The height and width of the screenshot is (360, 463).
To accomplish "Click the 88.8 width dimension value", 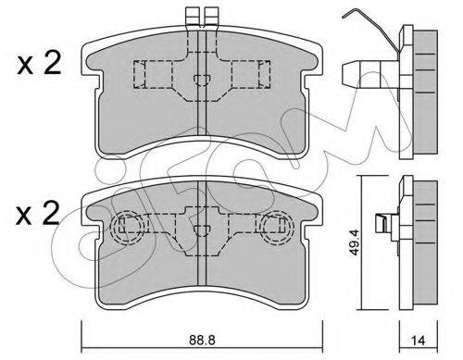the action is tap(202, 341).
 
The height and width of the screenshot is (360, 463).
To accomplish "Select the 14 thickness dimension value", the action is tap(419, 341).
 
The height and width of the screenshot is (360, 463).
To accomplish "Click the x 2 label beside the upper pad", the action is tap(39, 64).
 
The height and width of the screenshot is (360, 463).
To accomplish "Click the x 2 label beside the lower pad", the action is tap(38, 213).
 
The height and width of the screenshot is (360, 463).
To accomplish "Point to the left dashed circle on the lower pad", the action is tap(127, 228).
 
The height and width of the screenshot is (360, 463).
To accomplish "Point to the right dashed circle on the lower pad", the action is tap(277, 228).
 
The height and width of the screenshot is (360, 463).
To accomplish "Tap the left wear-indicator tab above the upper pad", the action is tap(192, 17).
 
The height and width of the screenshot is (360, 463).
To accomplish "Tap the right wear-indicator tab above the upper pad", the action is tap(212, 17).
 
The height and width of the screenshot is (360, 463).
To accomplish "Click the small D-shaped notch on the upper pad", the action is tap(202, 80).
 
